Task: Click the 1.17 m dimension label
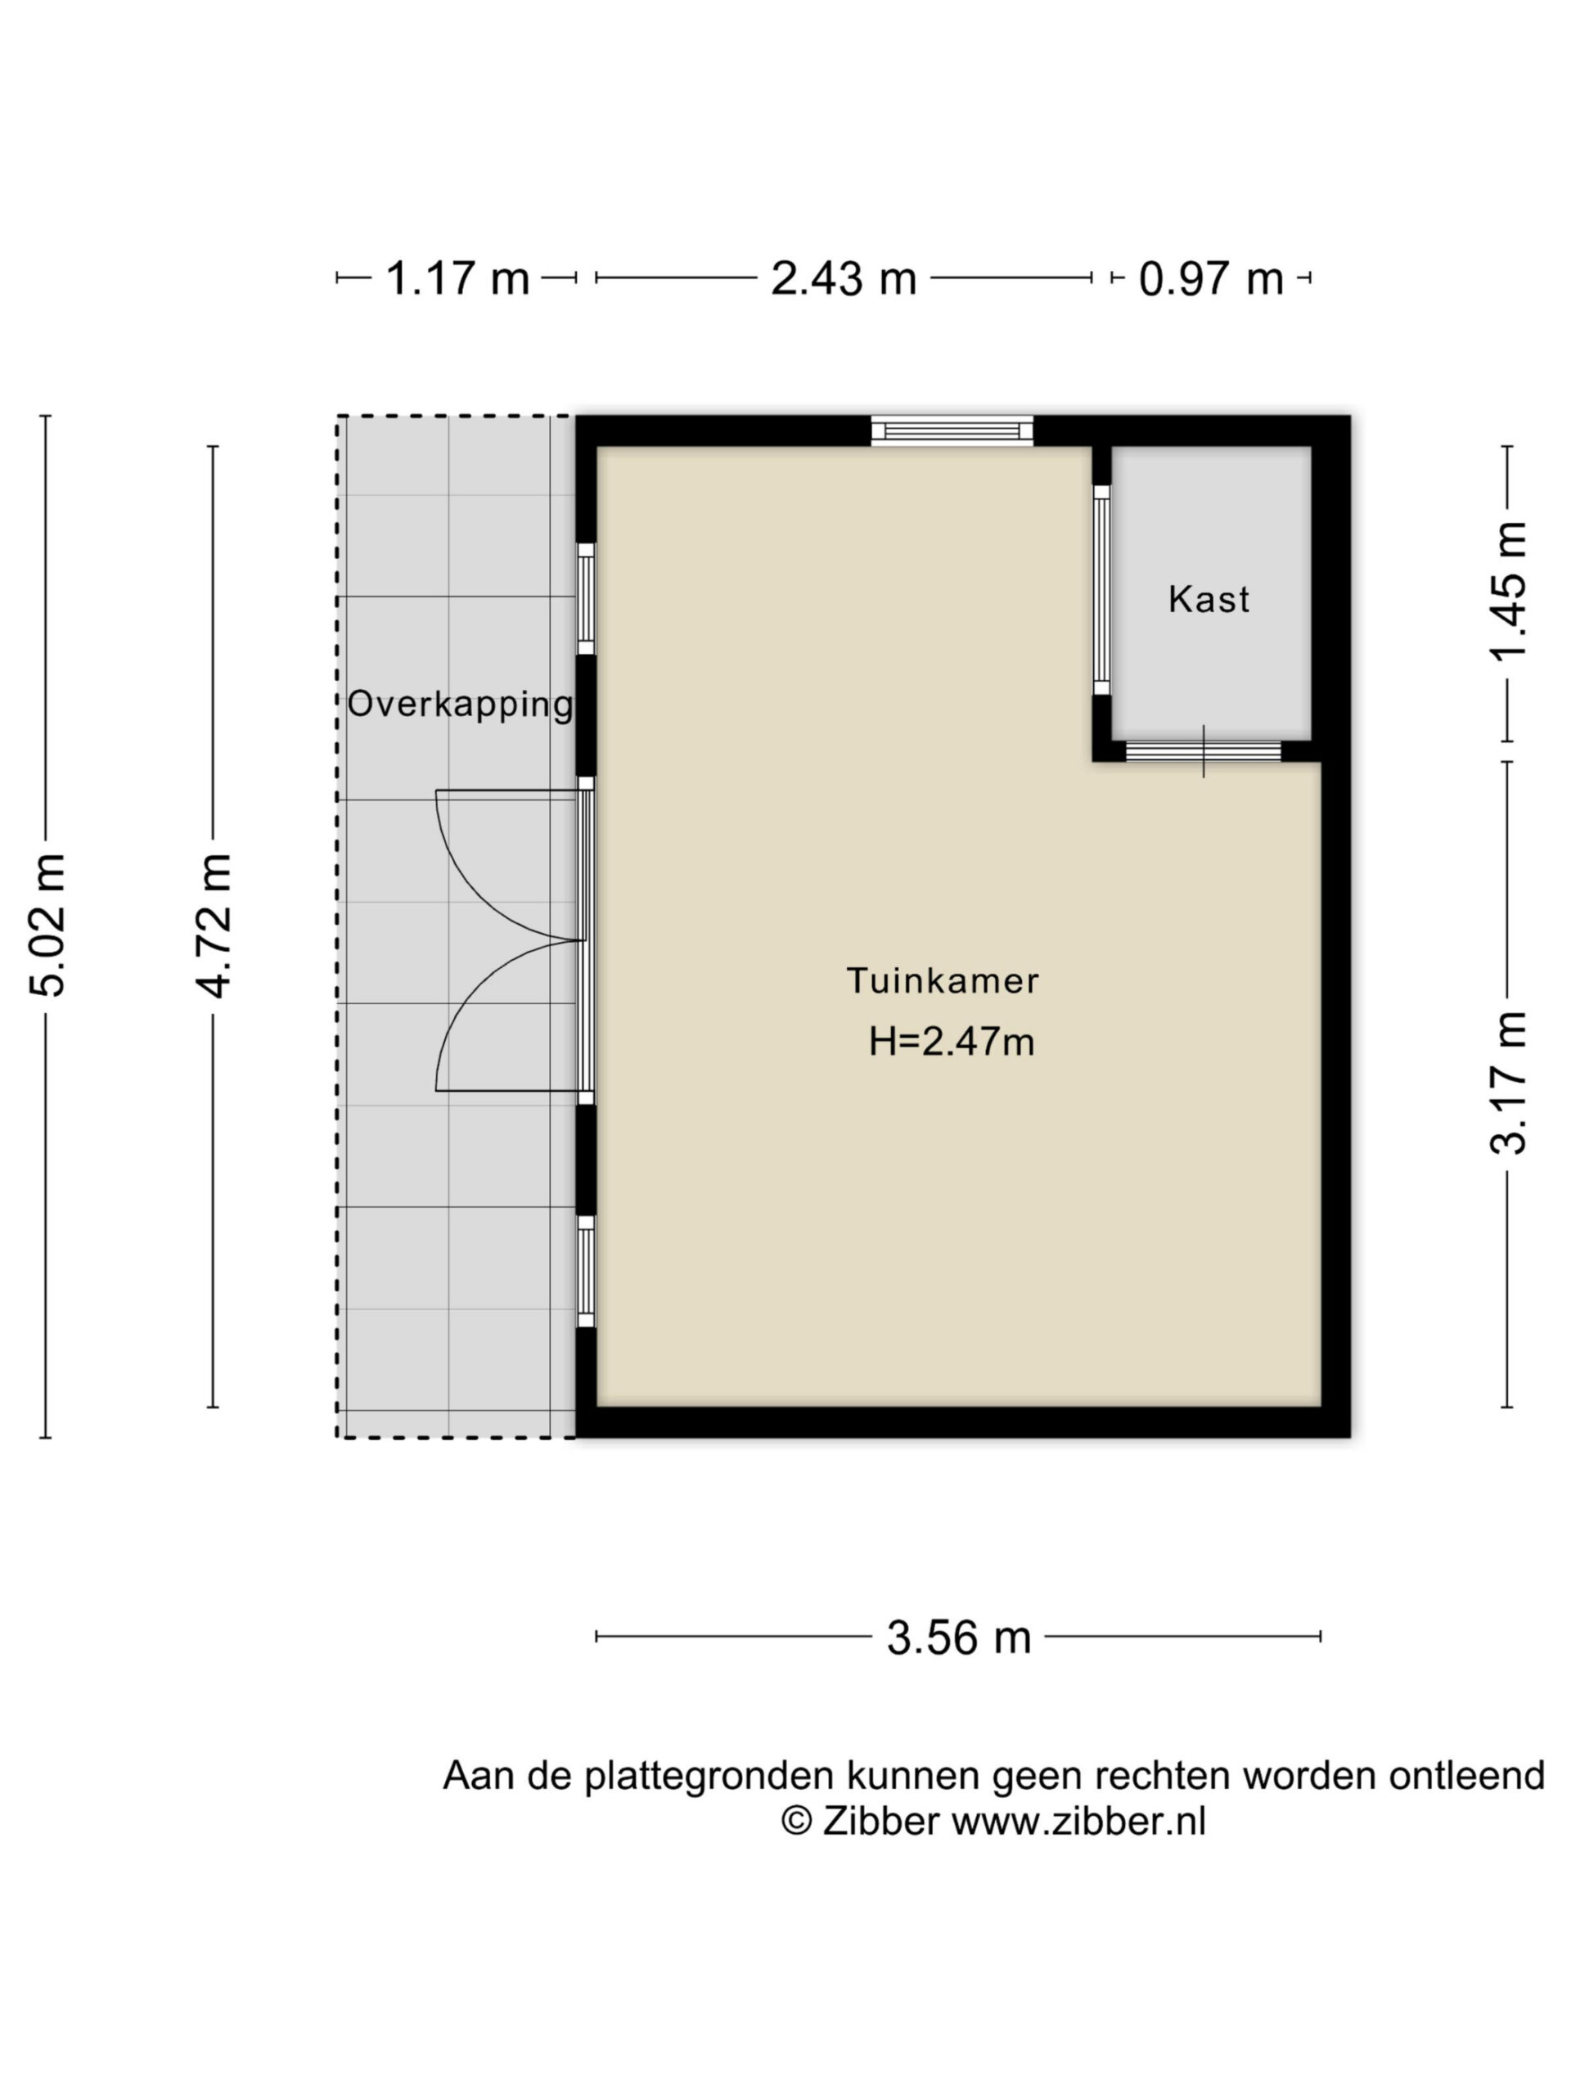coord(457,278)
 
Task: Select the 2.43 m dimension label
coord(843,278)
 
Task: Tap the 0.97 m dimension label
coord(1210,278)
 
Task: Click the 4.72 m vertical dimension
coord(213,926)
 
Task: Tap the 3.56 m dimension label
coord(958,1637)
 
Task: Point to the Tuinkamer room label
coord(943,980)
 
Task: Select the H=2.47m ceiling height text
coord(952,1042)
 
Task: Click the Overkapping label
coord(460,705)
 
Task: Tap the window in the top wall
coord(952,431)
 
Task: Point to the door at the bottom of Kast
coord(1204,751)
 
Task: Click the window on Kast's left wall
coord(1101,590)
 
